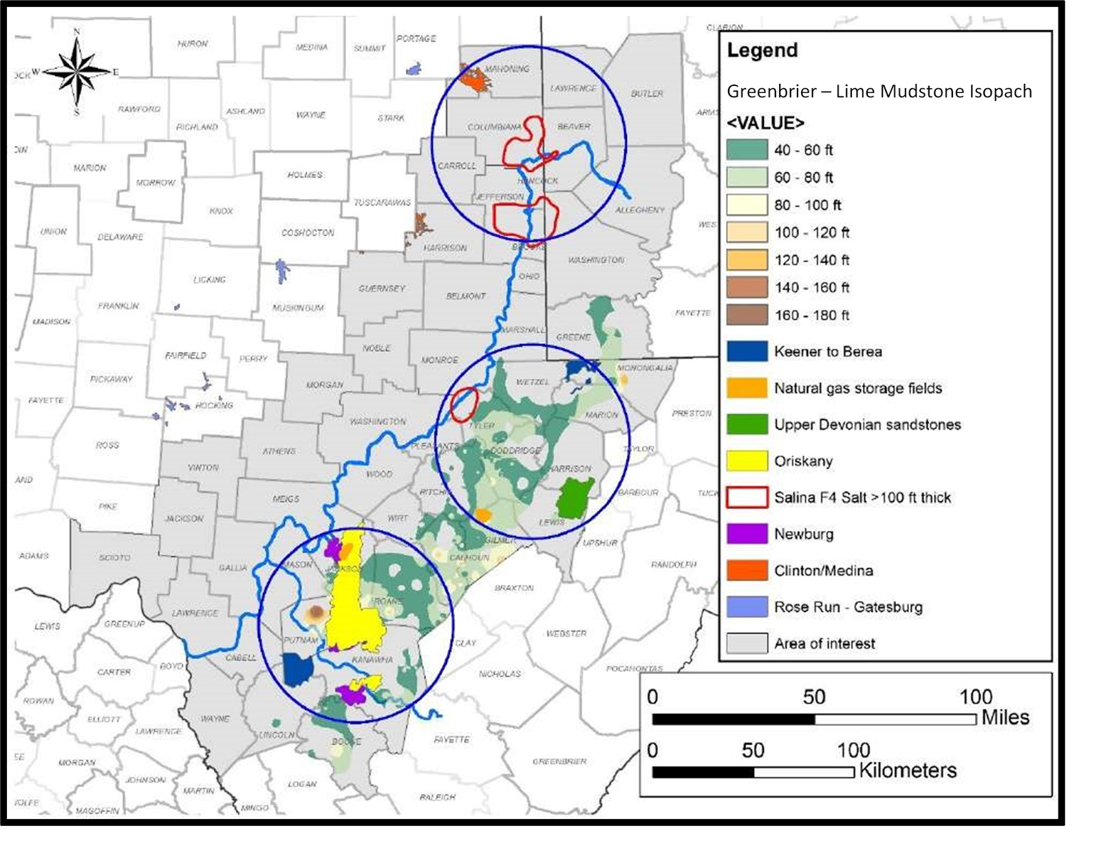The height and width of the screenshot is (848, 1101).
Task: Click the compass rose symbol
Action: (76, 71)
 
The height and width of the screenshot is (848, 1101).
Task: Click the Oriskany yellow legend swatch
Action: (747, 461)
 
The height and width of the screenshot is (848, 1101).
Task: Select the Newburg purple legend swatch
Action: (747, 534)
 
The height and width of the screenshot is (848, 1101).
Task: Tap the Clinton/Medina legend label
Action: (823, 570)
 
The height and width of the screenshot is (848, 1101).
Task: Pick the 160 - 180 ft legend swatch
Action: (747, 315)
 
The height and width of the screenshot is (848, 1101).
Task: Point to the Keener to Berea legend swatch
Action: (747, 351)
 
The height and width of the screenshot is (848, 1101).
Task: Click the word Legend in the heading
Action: (762, 50)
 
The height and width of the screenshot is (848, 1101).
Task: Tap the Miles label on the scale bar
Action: (1005, 717)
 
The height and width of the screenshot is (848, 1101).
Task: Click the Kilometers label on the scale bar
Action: (908, 770)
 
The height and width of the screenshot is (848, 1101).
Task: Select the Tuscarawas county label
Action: (382, 202)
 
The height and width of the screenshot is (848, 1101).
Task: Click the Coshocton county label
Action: (308, 232)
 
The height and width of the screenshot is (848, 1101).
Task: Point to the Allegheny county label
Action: (640, 210)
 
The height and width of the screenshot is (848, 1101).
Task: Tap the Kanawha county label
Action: (372, 660)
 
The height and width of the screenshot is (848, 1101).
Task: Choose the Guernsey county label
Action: (382, 288)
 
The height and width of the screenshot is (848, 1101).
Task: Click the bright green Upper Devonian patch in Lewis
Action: (575, 498)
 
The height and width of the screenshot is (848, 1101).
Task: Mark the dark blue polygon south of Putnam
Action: (298, 670)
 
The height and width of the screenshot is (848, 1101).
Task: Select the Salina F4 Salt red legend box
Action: (747, 497)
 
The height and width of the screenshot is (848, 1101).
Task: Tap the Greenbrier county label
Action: (559, 761)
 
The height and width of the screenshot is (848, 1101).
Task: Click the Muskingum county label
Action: (297, 307)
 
